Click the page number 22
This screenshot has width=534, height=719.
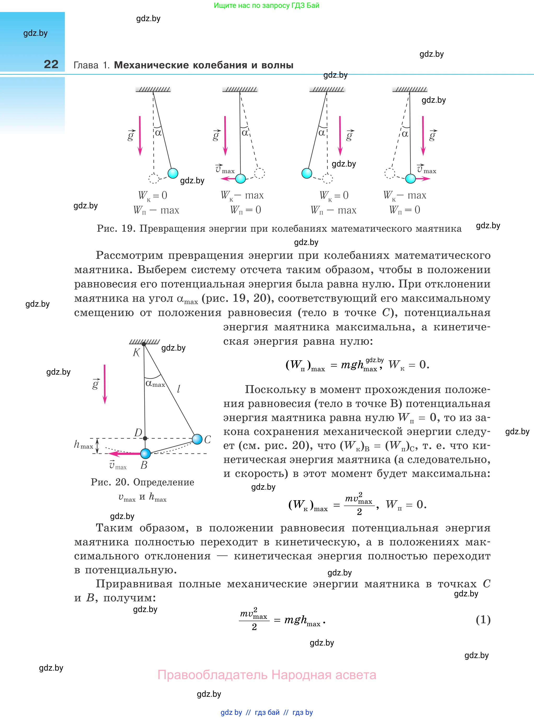(51, 64)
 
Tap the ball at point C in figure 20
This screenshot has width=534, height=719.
(197, 439)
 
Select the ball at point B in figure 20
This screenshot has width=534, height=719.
(146, 454)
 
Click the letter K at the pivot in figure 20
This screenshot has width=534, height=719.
(136, 352)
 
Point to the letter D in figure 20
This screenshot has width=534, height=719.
(138, 432)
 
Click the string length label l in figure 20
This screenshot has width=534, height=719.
(179, 389)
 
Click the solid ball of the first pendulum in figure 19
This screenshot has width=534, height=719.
(173, 173)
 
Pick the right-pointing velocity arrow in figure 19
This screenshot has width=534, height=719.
(423, 179)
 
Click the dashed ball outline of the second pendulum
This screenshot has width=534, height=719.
(260, 173)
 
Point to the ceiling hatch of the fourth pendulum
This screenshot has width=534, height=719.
(410, 89)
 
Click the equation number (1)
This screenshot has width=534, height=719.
(483, 619)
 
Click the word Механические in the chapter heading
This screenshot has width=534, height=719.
(151, 65)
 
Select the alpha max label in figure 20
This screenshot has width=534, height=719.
(155, 384)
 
